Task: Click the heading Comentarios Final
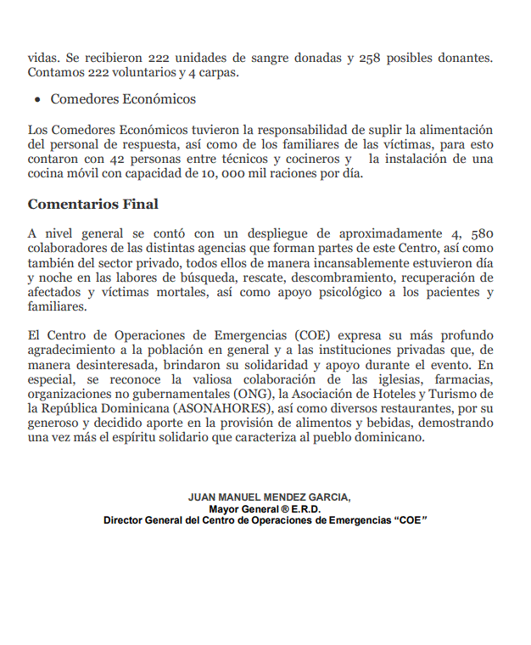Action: tap(93, 205)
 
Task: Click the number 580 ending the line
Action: tap(479, 233)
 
